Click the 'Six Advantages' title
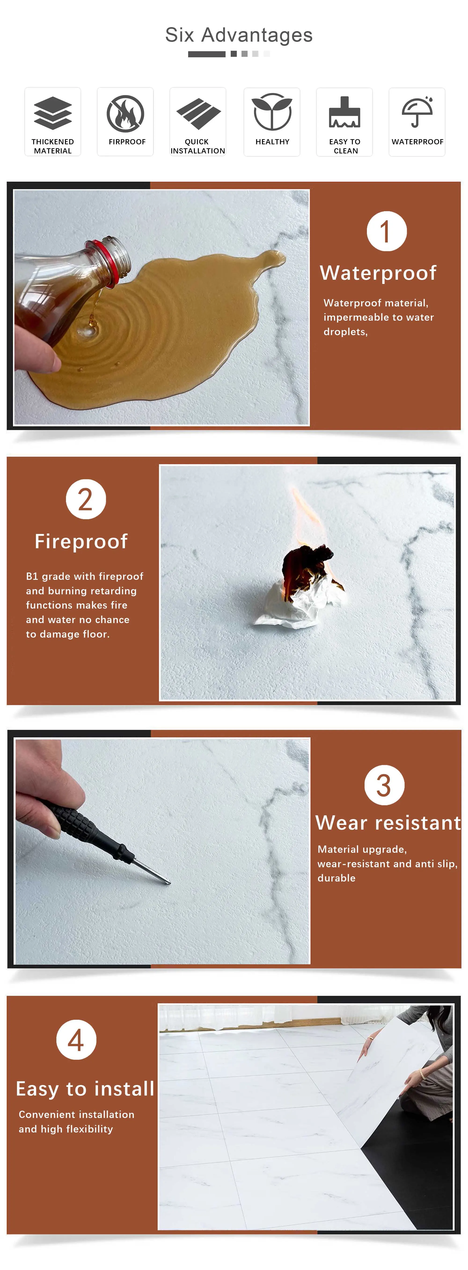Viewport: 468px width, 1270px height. click(239, 35)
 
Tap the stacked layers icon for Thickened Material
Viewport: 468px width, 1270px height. click(53, 113)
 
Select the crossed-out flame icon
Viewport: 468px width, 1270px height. click(125, 113)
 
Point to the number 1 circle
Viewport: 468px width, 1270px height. click(387, 231)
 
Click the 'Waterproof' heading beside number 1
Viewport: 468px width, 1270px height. click(378, 273)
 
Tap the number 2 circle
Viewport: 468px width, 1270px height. click(86, 499)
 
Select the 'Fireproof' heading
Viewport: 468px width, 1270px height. click(81, 541)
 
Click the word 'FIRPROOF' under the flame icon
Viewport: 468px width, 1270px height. click(127, 142)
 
